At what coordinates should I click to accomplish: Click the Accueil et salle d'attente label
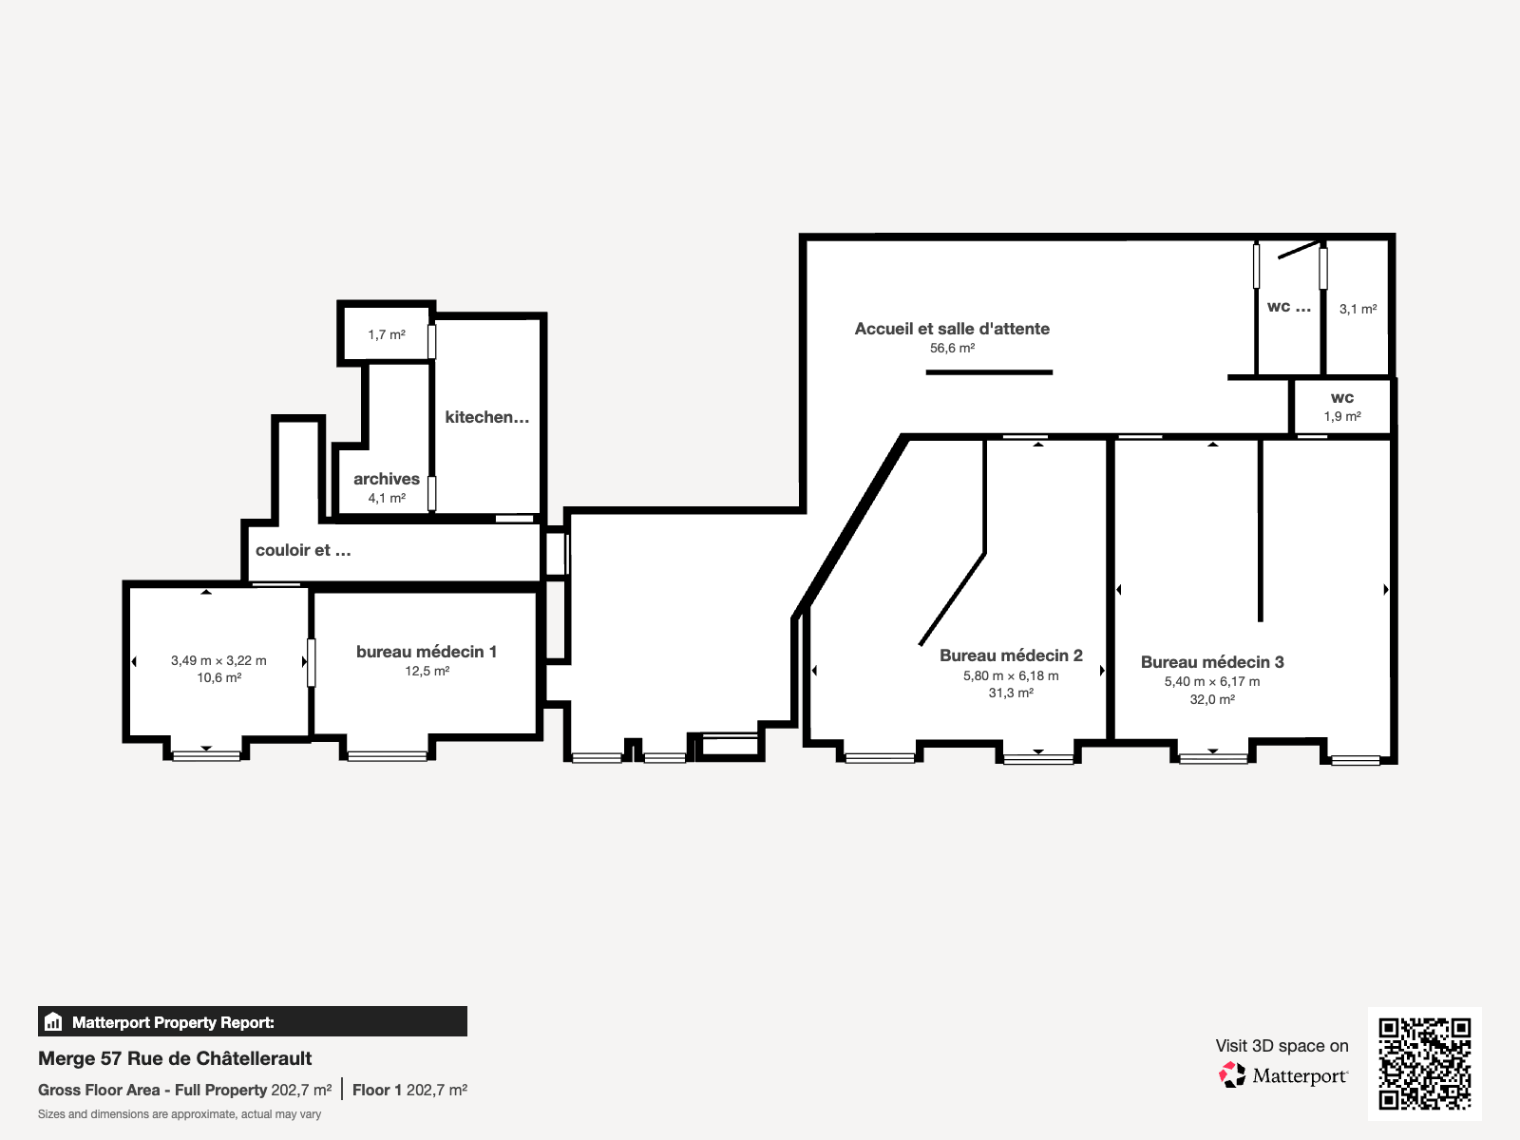952,329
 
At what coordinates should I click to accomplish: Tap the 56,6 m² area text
952,349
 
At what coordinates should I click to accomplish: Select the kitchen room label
486,417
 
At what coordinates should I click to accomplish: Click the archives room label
387,479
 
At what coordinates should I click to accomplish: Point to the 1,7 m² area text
387,334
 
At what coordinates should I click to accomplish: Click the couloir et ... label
303,550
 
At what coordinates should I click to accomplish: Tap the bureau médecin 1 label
427,652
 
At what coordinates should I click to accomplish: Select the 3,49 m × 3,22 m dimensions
218,660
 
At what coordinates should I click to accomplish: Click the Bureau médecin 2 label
1011,655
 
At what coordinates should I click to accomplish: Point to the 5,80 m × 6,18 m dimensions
1011,675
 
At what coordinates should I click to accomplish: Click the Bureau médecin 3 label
1212,662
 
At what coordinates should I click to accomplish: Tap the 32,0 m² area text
1212,699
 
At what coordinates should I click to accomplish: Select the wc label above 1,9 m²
1342,398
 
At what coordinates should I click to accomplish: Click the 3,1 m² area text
1358,309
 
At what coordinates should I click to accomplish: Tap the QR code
1424,1063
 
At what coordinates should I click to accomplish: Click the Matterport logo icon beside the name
1232,1075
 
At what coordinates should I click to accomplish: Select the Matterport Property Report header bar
252,1022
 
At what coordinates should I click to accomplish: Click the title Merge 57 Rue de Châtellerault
175,1058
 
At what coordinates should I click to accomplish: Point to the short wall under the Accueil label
989,372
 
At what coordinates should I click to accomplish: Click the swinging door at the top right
1299,249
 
